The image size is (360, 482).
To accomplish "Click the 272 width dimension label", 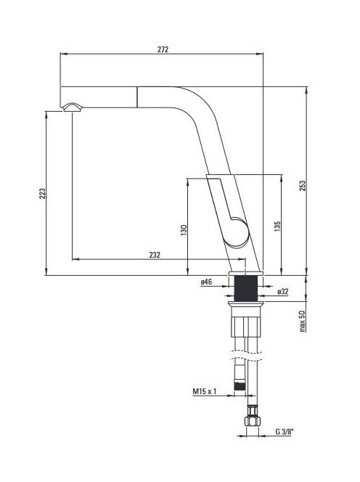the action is pos(163,49).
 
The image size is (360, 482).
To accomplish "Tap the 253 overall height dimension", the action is pos(303,186).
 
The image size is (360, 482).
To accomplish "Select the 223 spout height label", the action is pos(42,193).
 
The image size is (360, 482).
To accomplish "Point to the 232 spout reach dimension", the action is pos(155,255).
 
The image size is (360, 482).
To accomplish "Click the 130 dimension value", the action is pos(184,230).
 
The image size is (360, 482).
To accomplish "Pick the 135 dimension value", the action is pos(277,226).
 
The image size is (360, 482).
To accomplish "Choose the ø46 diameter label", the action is pos(207,282).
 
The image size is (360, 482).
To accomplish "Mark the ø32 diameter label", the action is pos(283,291).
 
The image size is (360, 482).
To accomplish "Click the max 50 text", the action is pos(302,321).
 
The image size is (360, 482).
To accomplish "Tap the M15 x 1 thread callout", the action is pos(205,391).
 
